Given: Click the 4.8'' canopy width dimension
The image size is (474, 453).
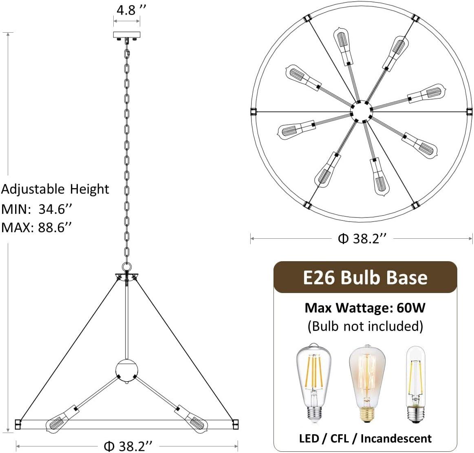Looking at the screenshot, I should pyautogui.click(x=126, y=10).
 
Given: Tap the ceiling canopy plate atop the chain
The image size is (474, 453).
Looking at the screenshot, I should pyautogui.click(x=127, y=35).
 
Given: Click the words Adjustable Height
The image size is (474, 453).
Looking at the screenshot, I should pyautogui.click(x=55, y=189).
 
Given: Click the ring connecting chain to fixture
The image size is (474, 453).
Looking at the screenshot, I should pyautogui.click(x=127, y=266).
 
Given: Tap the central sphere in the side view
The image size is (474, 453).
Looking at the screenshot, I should pyautogui.click(x=127, y=370).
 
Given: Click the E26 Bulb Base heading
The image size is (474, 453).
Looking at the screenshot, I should pyautogui.click(x=365, y=278).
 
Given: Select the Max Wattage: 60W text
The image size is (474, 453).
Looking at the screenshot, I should pyautogui.click(x=365, y=307).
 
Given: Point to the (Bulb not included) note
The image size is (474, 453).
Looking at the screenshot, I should pyautogui.click(x=365, y=326).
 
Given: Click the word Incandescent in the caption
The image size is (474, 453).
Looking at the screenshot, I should pyautogui.click(x=396, y=438).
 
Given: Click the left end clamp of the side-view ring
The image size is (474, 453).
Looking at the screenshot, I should pyautogui.click(x=18, y=424).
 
